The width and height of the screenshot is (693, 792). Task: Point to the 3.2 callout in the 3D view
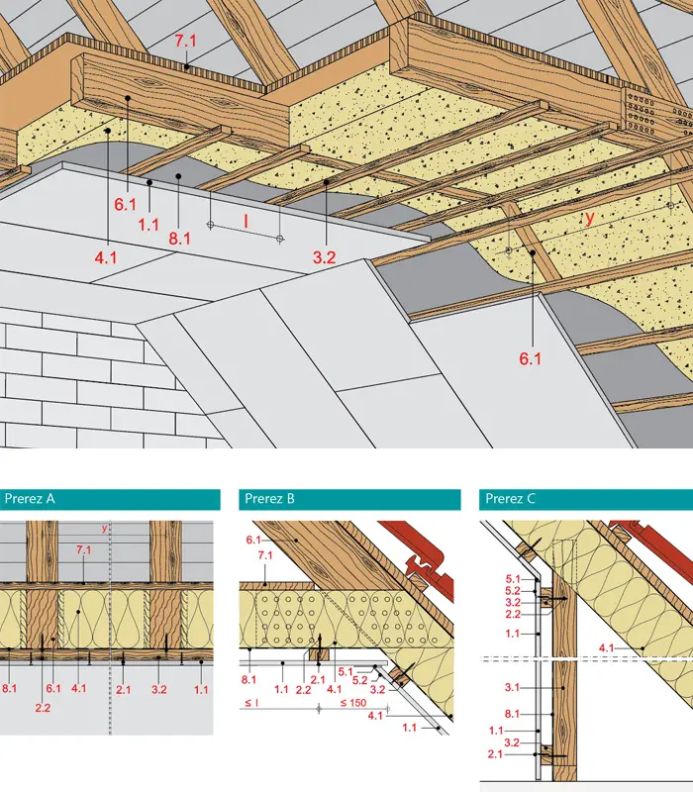325,258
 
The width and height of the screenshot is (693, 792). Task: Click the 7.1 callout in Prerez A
84,549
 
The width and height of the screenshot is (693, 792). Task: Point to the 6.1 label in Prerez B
250,540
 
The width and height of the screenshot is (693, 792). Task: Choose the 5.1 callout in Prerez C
513,577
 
